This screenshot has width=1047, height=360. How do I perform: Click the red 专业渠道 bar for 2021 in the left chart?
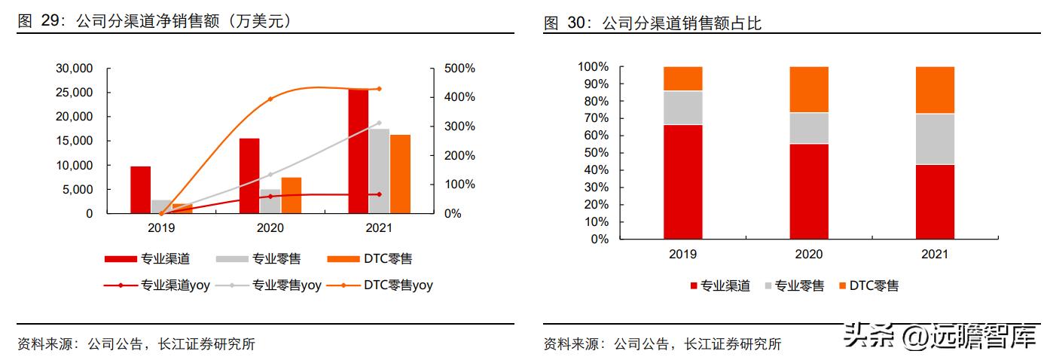[x=359, y=151]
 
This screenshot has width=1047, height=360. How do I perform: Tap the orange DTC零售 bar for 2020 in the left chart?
[x=292, y=195]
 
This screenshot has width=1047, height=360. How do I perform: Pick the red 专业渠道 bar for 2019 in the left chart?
[x=140, y=190]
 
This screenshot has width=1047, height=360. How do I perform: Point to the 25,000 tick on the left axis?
[x=75, y=93]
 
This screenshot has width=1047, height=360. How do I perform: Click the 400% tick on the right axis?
[x=459, y=97]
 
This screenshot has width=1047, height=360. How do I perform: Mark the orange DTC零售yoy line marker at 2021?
[x=379, y=89]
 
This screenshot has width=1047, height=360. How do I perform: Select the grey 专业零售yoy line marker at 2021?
[x=379, y=123]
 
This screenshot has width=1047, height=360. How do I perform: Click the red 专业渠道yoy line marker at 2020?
[x=270, y=197]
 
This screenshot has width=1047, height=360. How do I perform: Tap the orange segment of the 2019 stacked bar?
[x=682, y=78]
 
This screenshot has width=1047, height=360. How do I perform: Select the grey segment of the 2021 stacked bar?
[x=935, y=139]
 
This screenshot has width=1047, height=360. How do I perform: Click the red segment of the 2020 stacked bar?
[x=809, y=191]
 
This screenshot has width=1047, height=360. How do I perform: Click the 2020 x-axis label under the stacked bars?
[x=809, y=255]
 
